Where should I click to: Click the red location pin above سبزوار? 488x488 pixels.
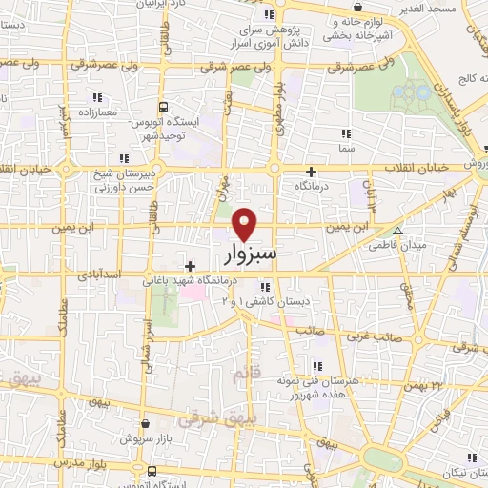(246, 223)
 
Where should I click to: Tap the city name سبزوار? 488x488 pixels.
(254, 254)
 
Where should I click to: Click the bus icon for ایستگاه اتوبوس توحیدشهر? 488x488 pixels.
(163, 107)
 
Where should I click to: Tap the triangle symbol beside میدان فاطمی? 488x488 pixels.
(398, 230)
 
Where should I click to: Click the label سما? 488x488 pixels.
(345, 149)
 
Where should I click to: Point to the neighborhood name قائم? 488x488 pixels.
(245, 376)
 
